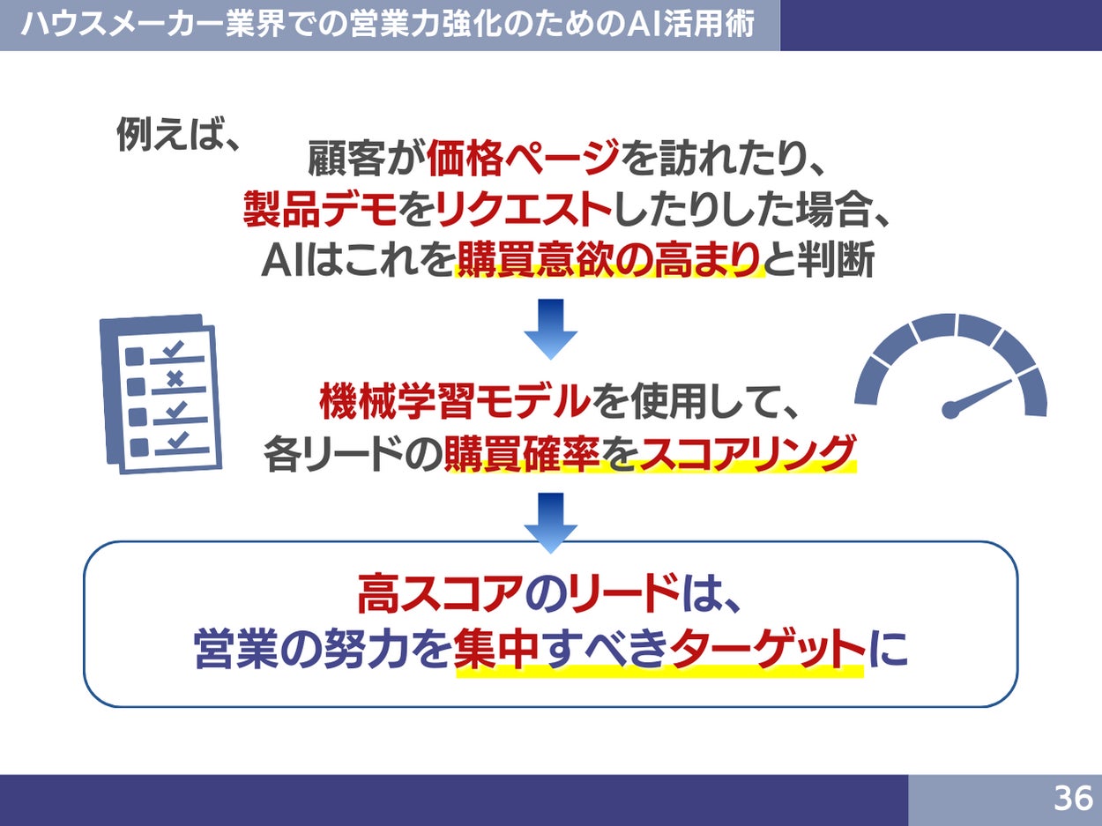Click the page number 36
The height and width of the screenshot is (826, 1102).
[x=1073, y=798]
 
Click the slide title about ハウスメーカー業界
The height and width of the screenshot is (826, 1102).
[x=388, y=24]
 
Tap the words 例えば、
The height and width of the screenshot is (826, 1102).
[x=179, y=137]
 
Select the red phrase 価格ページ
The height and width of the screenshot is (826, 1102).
[x=523, y=160]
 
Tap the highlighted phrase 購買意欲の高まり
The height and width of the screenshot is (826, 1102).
[x=608, y=261]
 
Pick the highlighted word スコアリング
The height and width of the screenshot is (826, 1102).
[x=745, y=454]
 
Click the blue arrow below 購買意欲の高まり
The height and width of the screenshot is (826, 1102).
[x=550, y=329]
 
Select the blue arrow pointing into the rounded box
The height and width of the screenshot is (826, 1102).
[x=550, y=521]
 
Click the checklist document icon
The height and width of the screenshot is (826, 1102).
[x=160, y=394]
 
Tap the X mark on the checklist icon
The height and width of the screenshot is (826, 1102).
[x=175, y=379]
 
